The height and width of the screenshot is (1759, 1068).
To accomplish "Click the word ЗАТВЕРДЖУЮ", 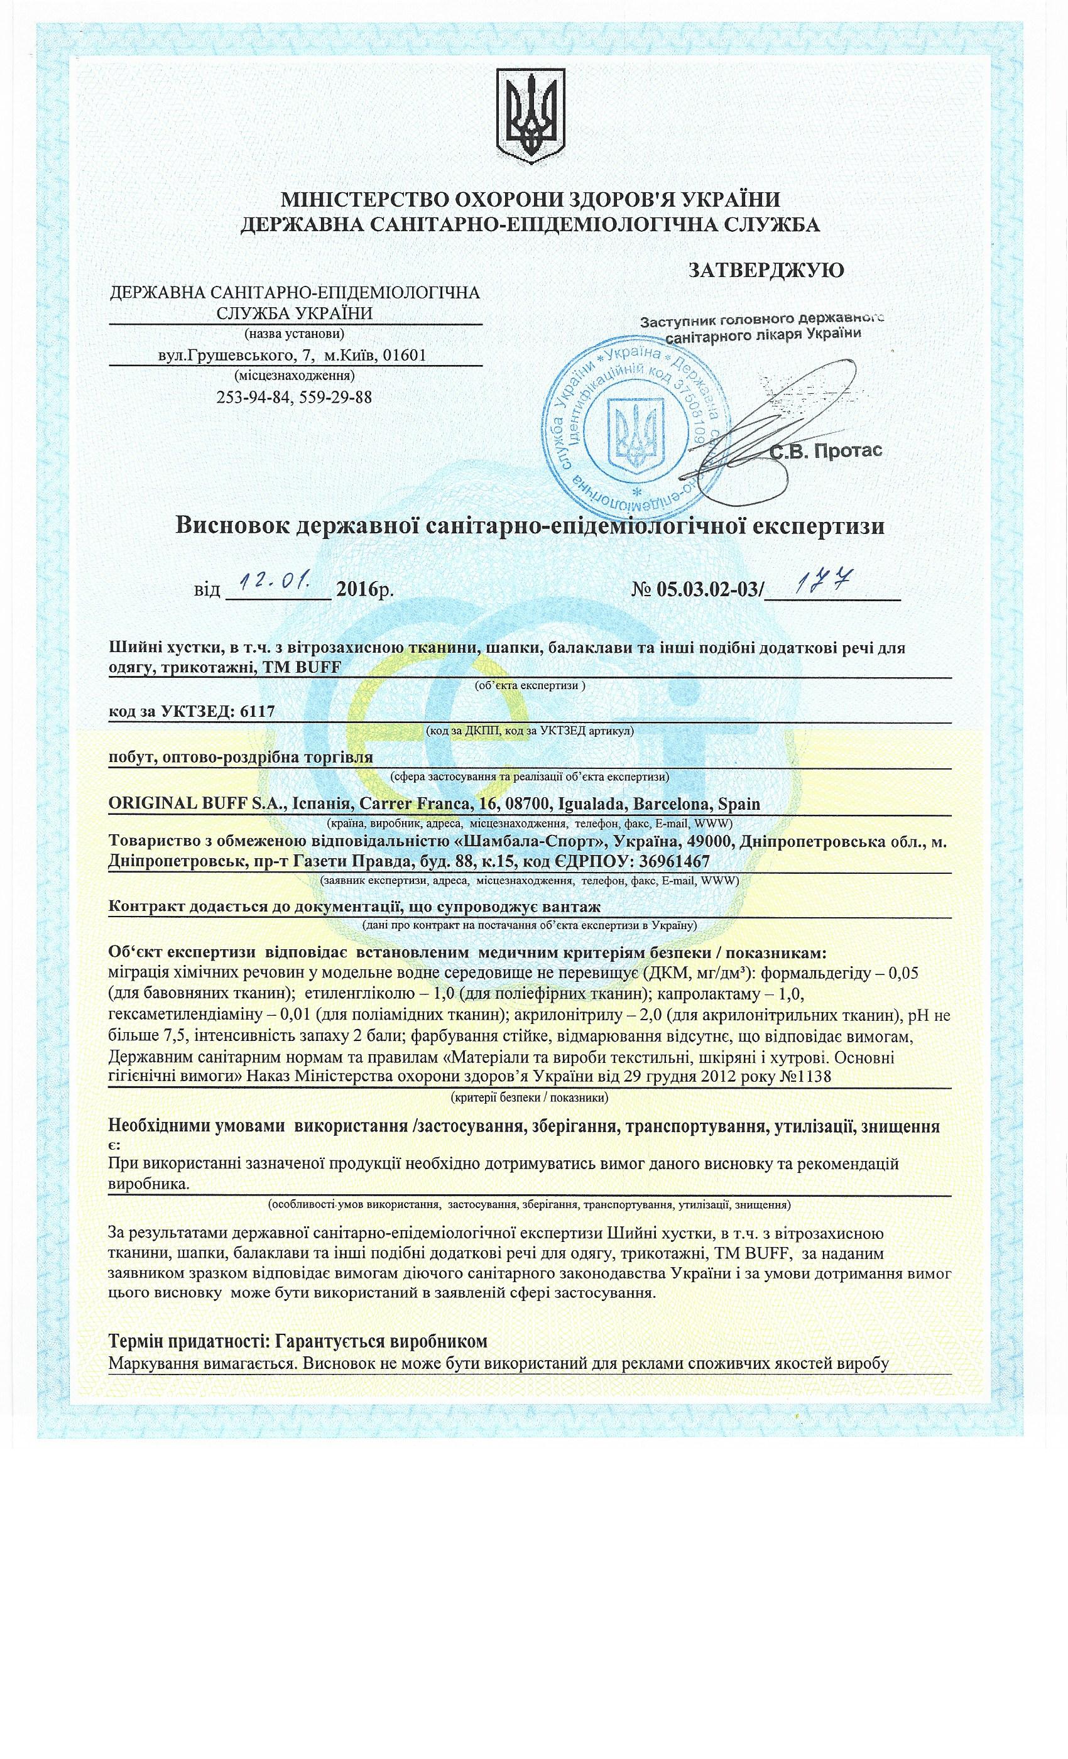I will [765, 270].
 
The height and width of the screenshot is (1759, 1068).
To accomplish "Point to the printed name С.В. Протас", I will [826, 450].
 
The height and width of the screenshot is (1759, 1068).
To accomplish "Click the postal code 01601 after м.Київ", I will [405, 355].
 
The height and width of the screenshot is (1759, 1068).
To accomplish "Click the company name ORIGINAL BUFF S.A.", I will [195, 804].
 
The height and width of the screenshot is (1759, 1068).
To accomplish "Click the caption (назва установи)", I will [294, 334].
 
